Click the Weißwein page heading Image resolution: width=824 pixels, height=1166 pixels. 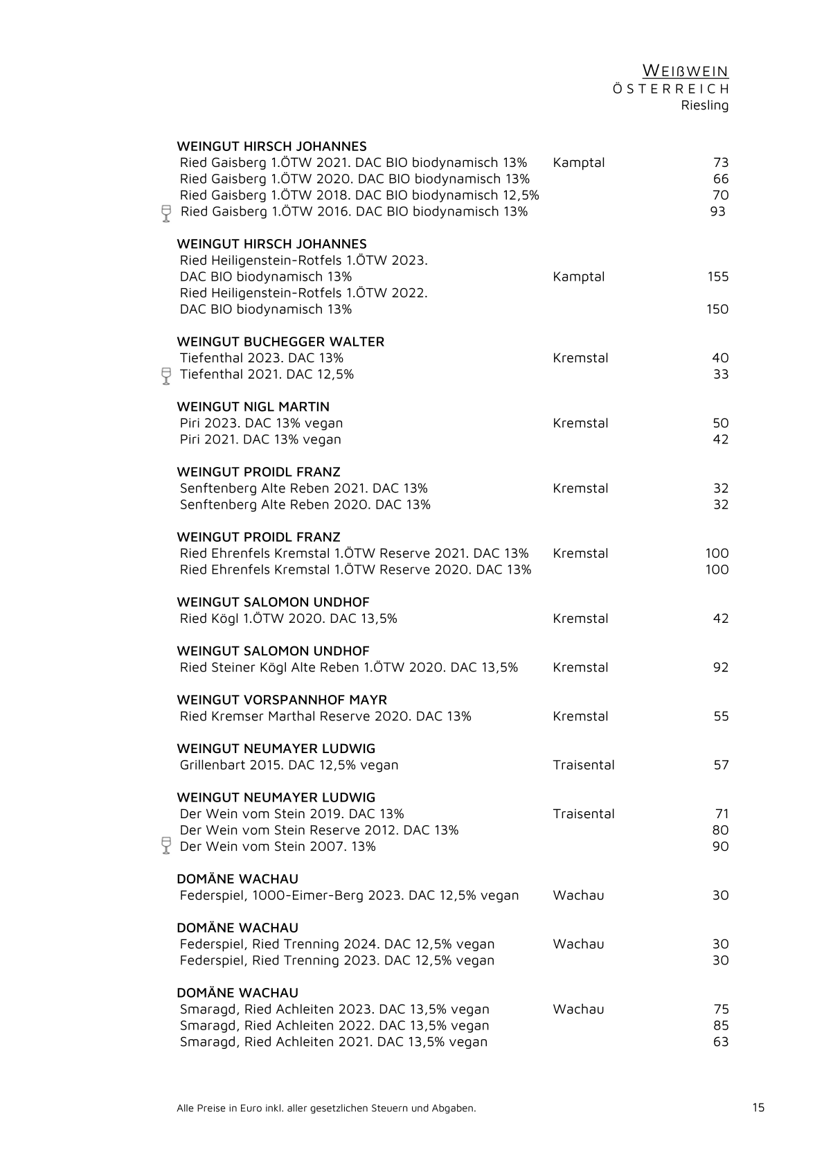pos(685,71)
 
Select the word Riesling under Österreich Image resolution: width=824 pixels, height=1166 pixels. pos(704,105)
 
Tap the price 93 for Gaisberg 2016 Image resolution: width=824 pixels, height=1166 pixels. pos(717,211)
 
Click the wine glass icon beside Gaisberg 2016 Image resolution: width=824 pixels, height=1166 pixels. pos(166,213)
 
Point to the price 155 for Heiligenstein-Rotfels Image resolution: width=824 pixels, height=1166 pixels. pos(717,276)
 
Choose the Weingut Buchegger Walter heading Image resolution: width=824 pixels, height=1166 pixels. pos(280,342)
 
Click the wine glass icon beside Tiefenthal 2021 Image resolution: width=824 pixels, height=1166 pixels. pos(166,376)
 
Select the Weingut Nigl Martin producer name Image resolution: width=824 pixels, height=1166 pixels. pos(253,407)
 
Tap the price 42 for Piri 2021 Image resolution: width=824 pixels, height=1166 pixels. pos(720,439)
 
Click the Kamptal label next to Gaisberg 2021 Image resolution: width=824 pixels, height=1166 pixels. pos(578,163)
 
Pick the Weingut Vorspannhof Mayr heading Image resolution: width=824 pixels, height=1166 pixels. pos(282,700)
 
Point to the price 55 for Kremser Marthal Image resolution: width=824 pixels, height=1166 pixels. pos(721,716)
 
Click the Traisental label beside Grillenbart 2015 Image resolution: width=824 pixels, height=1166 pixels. pos(583,765)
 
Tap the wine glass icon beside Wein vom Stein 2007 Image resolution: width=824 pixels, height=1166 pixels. pos(166,845)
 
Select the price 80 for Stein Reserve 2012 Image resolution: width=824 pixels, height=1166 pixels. pos(720,830)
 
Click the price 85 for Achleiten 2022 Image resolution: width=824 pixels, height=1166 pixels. pos(720,1025)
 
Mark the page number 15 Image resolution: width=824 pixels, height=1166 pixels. pos(758,1107)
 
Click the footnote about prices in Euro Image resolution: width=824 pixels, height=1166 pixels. pos(326,1108)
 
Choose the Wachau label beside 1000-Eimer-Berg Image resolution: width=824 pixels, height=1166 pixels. pos(578,895)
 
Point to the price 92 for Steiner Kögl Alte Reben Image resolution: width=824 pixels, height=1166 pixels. pos(720,667)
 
